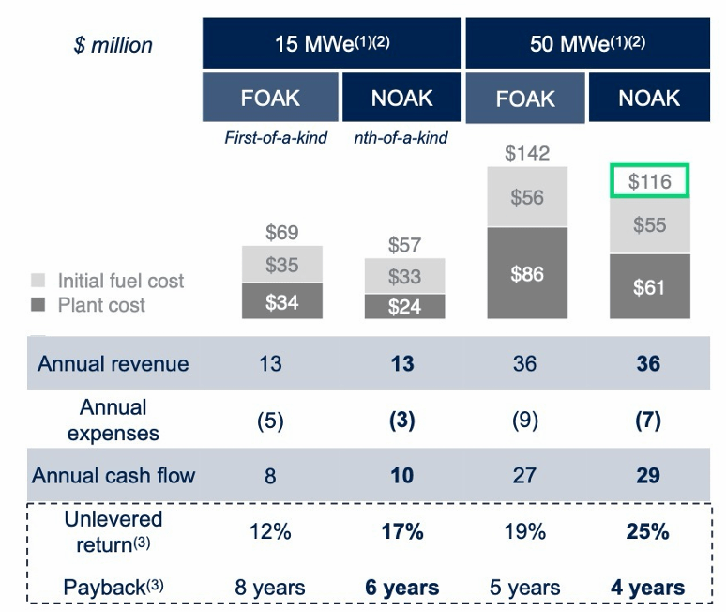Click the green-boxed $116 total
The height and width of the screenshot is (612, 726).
coord(649,181)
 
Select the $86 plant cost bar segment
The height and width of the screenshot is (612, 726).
coord(525,275)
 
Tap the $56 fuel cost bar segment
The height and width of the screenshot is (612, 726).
coord(525,197)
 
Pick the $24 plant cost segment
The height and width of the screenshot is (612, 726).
coord(402,307)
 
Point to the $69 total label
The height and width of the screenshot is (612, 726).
coord(281,232)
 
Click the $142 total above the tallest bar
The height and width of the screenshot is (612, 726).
coord(526,153)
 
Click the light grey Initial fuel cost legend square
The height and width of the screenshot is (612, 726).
coord(38,281)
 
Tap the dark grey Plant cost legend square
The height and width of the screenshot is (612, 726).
coord(38,305)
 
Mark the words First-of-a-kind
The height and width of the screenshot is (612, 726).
coord(275,138)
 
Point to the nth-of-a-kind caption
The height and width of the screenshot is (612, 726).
coord(401,138)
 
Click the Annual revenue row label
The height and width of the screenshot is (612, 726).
coord(113,363)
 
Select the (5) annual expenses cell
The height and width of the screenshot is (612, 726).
coord(270,420)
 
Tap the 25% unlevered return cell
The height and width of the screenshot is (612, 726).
coord(647,531)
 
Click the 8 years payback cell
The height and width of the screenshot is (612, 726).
coord(270,588)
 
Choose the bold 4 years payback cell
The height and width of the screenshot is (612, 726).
coord(647,588)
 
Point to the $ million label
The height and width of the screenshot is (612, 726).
coord(113,45)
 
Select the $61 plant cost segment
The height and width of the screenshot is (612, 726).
coord(649,287)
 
